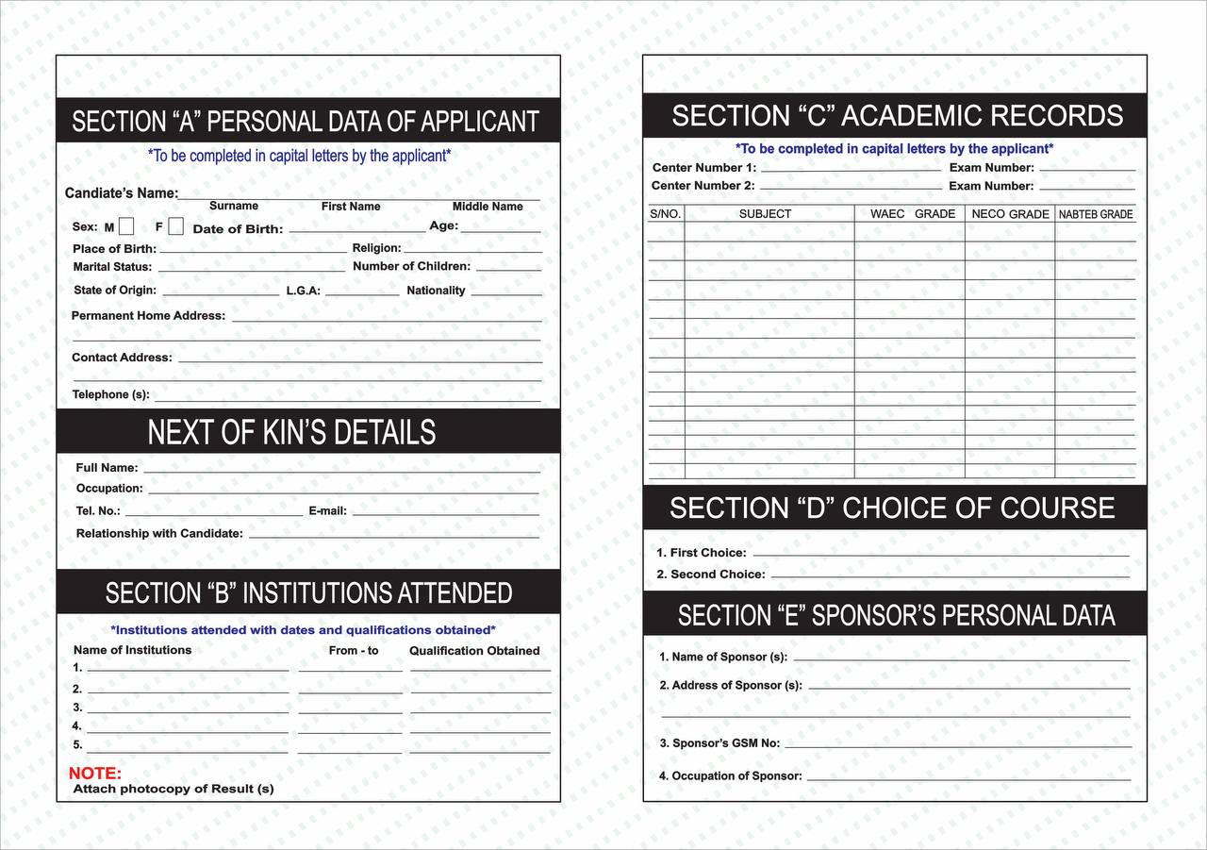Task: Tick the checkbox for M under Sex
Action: [126, 226]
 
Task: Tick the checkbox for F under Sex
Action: [175, 226]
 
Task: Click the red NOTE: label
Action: [94, 774]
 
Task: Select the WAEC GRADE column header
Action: [912, 214]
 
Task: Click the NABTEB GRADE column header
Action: [1096, 215]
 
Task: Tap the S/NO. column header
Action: [666, 214]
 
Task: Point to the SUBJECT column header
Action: [765, 214]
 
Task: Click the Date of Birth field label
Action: [238, 229]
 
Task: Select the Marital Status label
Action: [112, 267]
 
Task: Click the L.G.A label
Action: [304, 291]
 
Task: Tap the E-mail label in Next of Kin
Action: [328, 511]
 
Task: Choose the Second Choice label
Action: [711, 575]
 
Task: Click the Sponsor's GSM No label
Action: [719, 743]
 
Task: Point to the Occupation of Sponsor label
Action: [731, 776]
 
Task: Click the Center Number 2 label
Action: [703, 186]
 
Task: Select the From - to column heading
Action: [354, 651]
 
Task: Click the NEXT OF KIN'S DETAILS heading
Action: [291, 432]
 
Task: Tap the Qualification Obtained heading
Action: [474, 651]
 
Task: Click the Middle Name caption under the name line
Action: [488, 207]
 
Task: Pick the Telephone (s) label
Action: [111, 394]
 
